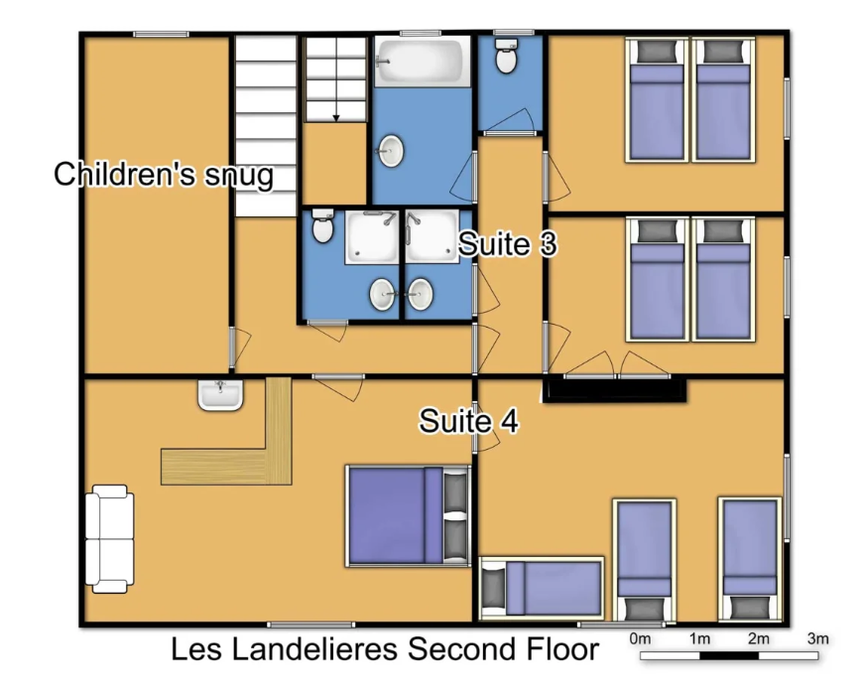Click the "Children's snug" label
164,175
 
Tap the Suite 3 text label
508,243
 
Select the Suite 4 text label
469,421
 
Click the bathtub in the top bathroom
423,62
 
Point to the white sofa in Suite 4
109,539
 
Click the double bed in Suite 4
408,515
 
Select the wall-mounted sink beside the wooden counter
220,395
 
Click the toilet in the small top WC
506,56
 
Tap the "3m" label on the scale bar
817,639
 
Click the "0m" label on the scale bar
640,639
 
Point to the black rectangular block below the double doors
615,390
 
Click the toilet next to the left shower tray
322,225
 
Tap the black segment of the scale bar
729,655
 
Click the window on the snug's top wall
162,34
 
